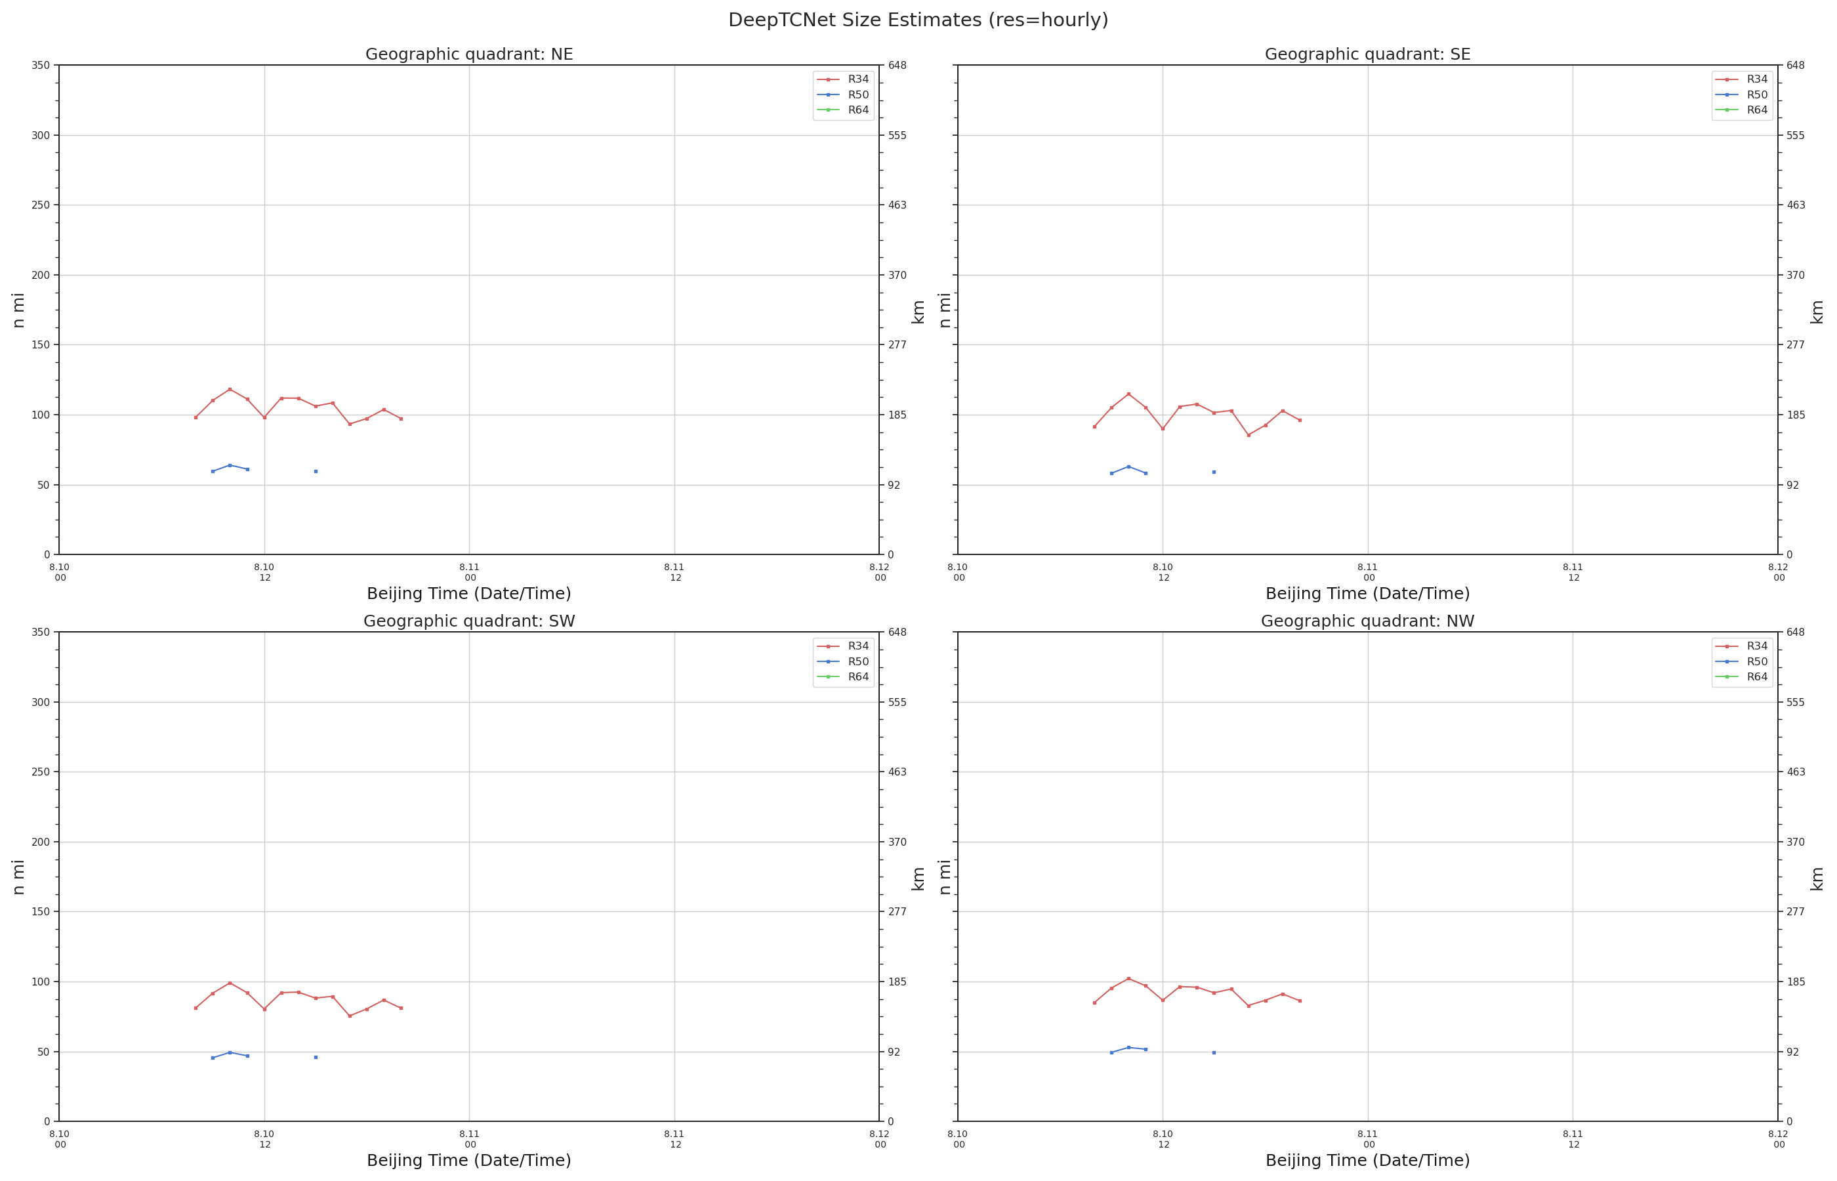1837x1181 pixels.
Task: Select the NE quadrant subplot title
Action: click(468, 54)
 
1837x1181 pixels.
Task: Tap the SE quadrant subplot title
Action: click(1367, 54)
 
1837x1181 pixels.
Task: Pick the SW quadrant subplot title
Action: click(468, 621)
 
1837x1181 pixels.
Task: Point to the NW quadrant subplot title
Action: click(1367, 621)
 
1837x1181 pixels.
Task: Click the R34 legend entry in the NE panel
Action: click(842, 79)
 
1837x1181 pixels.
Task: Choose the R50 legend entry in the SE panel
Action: click(1741, 95)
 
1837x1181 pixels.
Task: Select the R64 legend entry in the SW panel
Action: click(842, 676)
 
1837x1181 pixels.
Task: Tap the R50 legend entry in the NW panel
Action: click(1741, 661)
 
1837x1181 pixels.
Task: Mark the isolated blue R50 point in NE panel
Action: click(315, 471)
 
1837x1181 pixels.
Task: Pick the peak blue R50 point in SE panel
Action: click(1128, 466)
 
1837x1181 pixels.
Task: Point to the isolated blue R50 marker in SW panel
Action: click(315, 1057)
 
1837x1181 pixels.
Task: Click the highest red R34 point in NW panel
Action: click(1128, 978)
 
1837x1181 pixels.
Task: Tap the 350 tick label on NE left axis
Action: click(41, 65)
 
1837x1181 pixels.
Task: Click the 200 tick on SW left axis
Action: click(41, 841)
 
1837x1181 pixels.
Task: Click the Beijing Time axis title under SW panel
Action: click(468, 1160)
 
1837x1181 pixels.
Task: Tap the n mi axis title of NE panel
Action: click(18, 310)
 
